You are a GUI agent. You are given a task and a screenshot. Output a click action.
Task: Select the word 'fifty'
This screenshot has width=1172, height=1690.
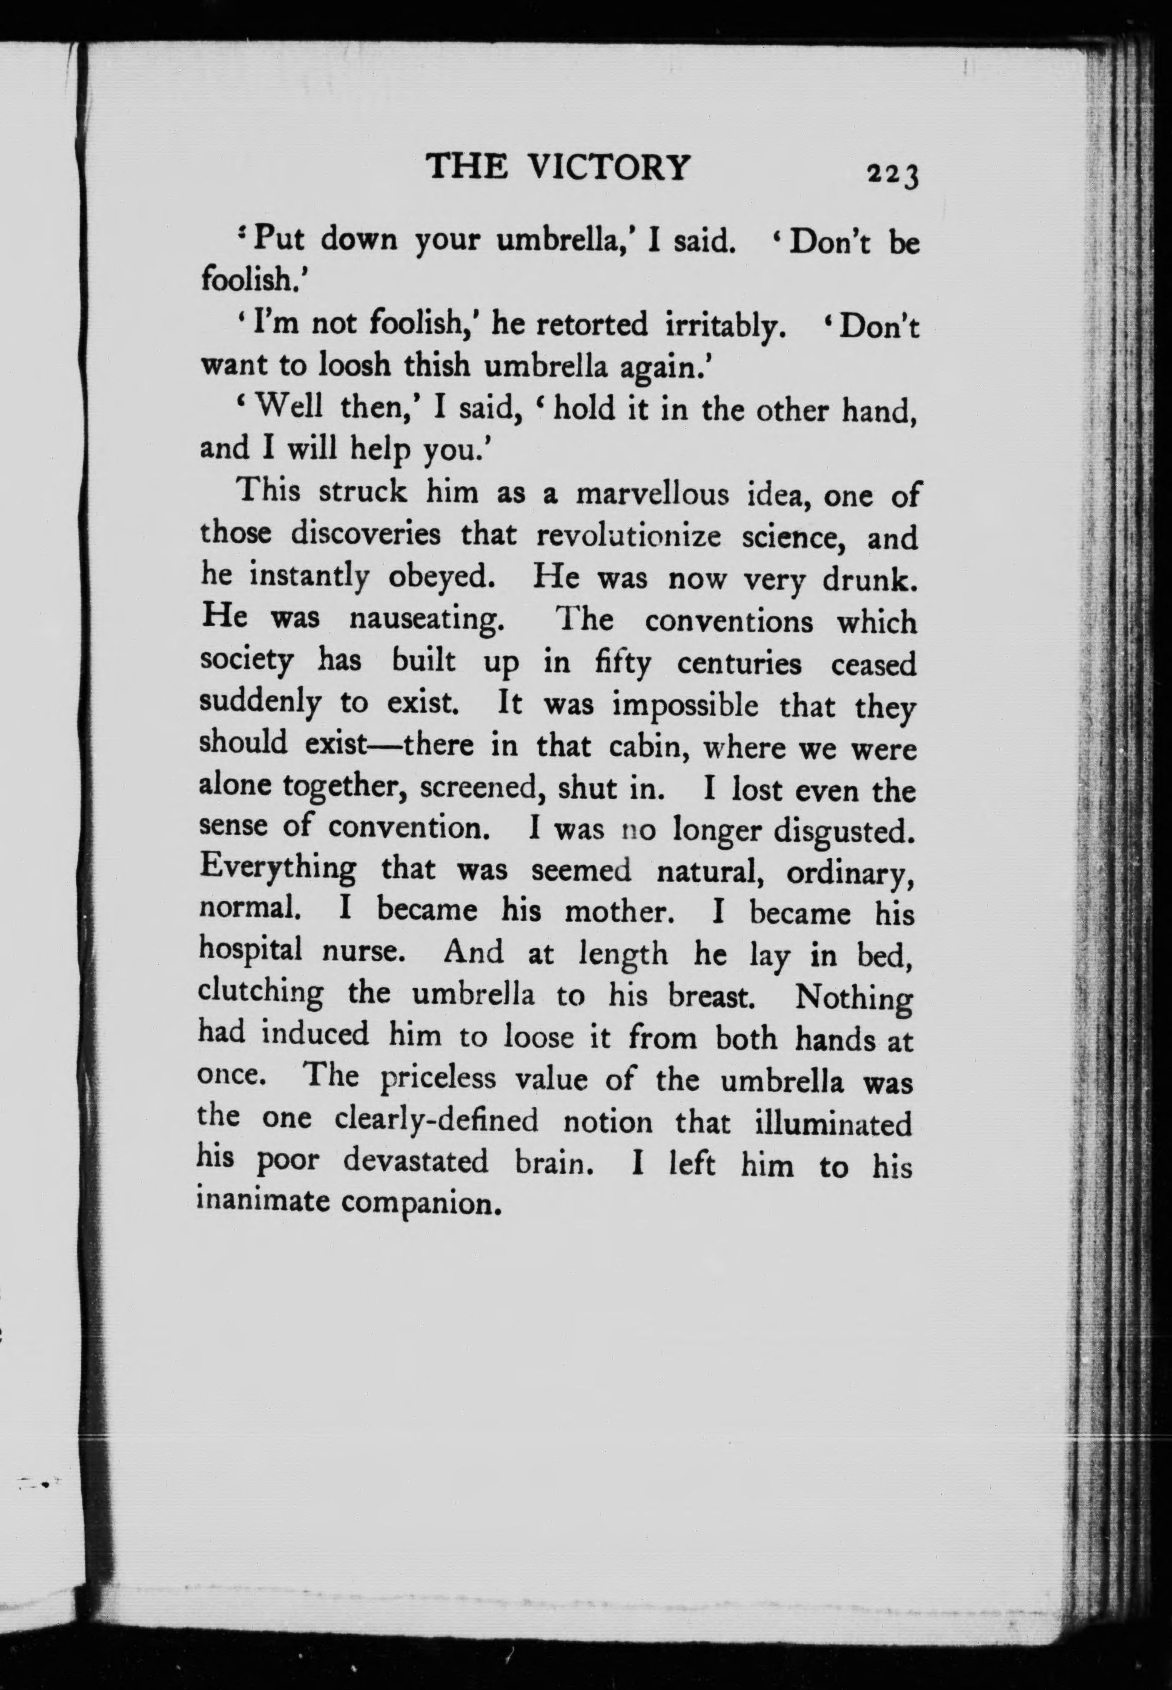tap(623, 664)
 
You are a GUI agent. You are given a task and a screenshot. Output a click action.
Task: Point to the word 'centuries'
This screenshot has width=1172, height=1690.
tap(739, 664)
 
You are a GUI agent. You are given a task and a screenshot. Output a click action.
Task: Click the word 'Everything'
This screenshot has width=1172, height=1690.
tap(277, 870)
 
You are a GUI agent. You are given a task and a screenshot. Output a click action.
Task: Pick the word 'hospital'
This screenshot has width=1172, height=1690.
tap(250, 953)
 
